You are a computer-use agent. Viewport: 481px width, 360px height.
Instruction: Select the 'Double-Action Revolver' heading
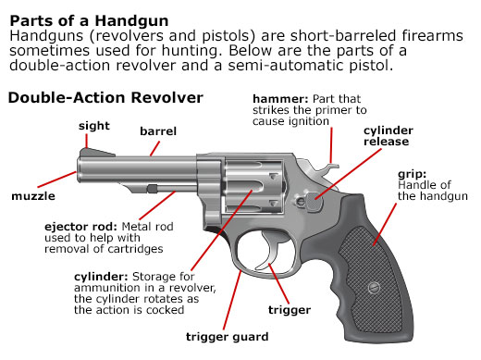point(105,97)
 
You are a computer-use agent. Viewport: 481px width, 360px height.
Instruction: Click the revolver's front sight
point(87,152)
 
